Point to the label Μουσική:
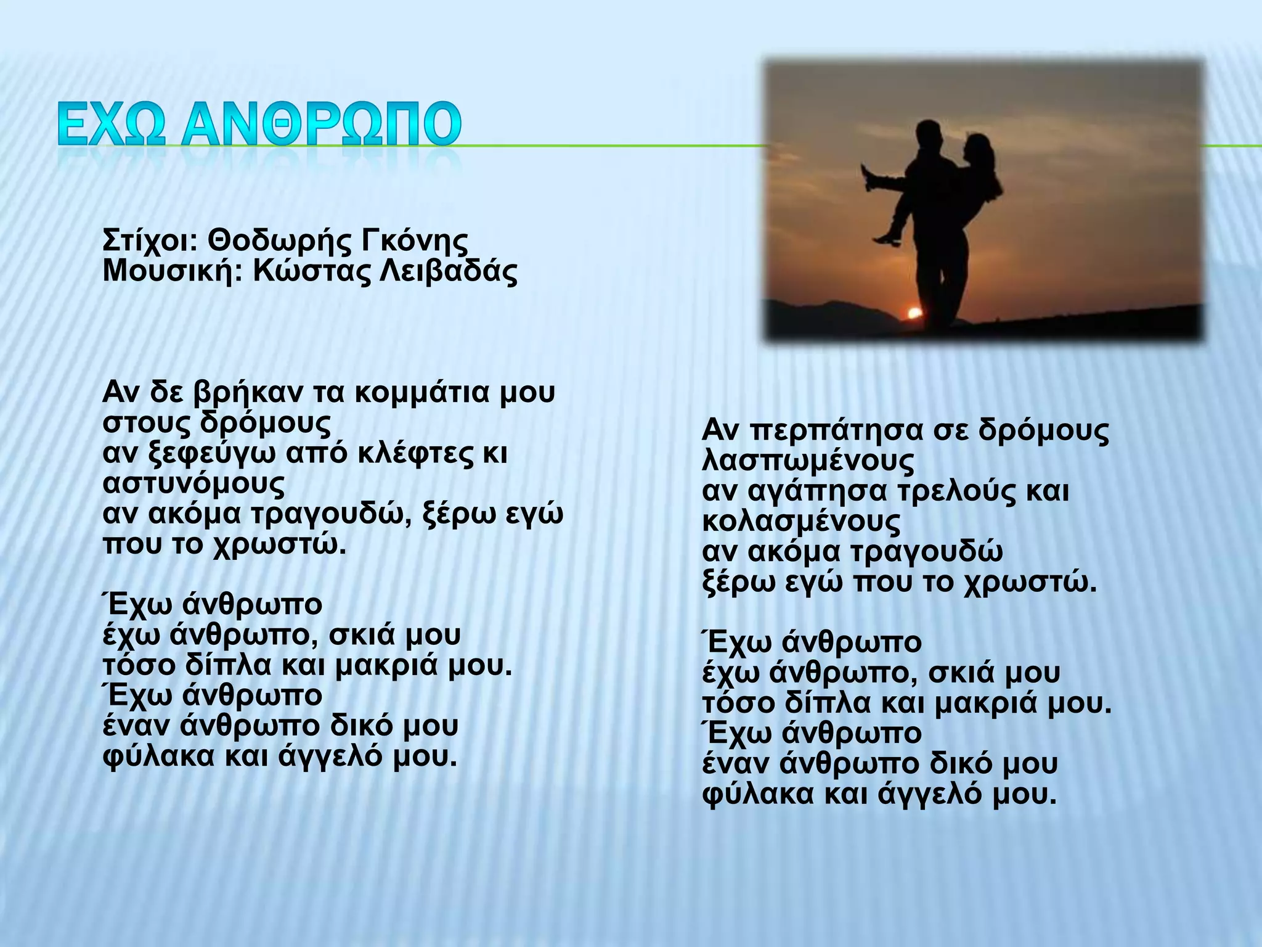pos(173,271)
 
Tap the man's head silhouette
pos(927,135)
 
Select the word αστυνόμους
pos(193,485)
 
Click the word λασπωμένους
pos(808,461)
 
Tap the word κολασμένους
pos(801,522)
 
